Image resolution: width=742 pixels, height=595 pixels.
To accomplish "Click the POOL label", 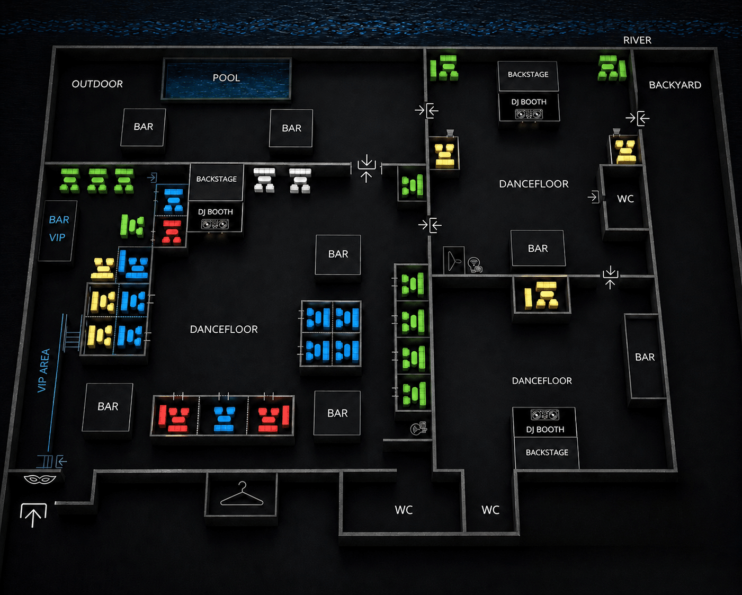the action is pyautogui.click(x=226, y=77).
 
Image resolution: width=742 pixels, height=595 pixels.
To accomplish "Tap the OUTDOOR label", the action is pyautogui.click(x=97, y=84).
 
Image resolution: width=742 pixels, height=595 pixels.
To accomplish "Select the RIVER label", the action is pyautogui.click(x=637, y=40).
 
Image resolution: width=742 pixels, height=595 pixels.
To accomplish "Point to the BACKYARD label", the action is pyautogui.click(x=675, y=85).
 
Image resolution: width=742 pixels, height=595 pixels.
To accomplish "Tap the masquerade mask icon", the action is pyautogui.click(x=40, y=479).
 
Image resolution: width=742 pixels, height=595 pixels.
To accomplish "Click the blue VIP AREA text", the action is pyautogui.click(x=44, y=370).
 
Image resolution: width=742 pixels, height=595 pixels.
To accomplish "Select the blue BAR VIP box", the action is pyautogui.click(x=58, y=230).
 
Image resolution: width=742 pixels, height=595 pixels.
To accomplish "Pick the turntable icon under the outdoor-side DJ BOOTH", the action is pyautogui.click(x=214, y=225).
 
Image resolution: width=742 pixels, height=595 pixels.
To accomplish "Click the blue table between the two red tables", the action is pyautogui.click(x=224, y=419).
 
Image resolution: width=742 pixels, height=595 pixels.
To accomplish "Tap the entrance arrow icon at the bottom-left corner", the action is pyautogui.click(x=33, y=514).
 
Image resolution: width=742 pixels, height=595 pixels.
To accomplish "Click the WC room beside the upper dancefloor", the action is pyautogui.click(x=624, y=198).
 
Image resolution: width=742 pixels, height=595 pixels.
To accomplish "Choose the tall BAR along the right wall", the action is pyautogui.click(x=645, y=357).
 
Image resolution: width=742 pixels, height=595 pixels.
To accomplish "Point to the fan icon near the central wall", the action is pyautogui.click(x=453, y=261).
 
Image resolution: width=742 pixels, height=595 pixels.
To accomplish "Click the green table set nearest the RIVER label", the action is pyautogui.click(x=612, y=68).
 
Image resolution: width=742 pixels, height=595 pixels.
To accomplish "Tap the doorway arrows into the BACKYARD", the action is pyautogui.click(x=638, y=118).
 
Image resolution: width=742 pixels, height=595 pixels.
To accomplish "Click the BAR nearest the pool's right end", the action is pyautogui.click(x=291, y=128).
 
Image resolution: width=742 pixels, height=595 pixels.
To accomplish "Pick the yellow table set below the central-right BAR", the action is pyautogui.click(x=541, y=295).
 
